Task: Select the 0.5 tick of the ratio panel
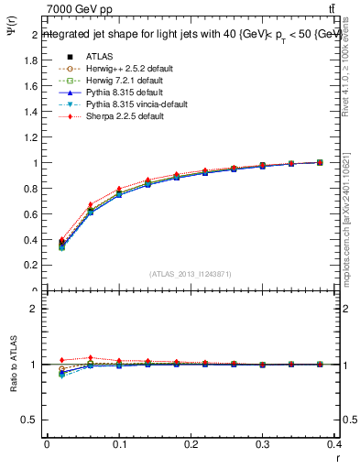[x=31, y=420]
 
